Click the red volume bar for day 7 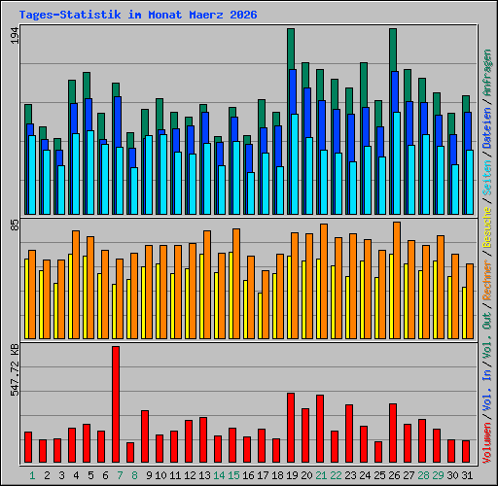(x=116, y=404)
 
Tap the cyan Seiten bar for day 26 (x=397, y=163)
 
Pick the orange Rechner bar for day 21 (x=324, y=281)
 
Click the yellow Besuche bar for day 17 (x=260, y=316)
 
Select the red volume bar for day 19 (x=291, y=428)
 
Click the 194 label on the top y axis (x=15, y=35)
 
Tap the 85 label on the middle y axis (x=15, y=226)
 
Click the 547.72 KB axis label (x=15, y=369)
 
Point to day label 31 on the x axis (x=467, y=475)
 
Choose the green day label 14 (x=219, y=475)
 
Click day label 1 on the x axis (x=32, y=475)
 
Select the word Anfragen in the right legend (x=487, y=73)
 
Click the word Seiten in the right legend (x=487, y=178)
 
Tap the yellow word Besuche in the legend (x=487, y=227)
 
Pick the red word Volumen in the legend (x=487, y=443)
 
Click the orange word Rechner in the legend (x=487, y=280)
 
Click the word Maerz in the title (x=206, y=15)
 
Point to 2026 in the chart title (x=243, y=15)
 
